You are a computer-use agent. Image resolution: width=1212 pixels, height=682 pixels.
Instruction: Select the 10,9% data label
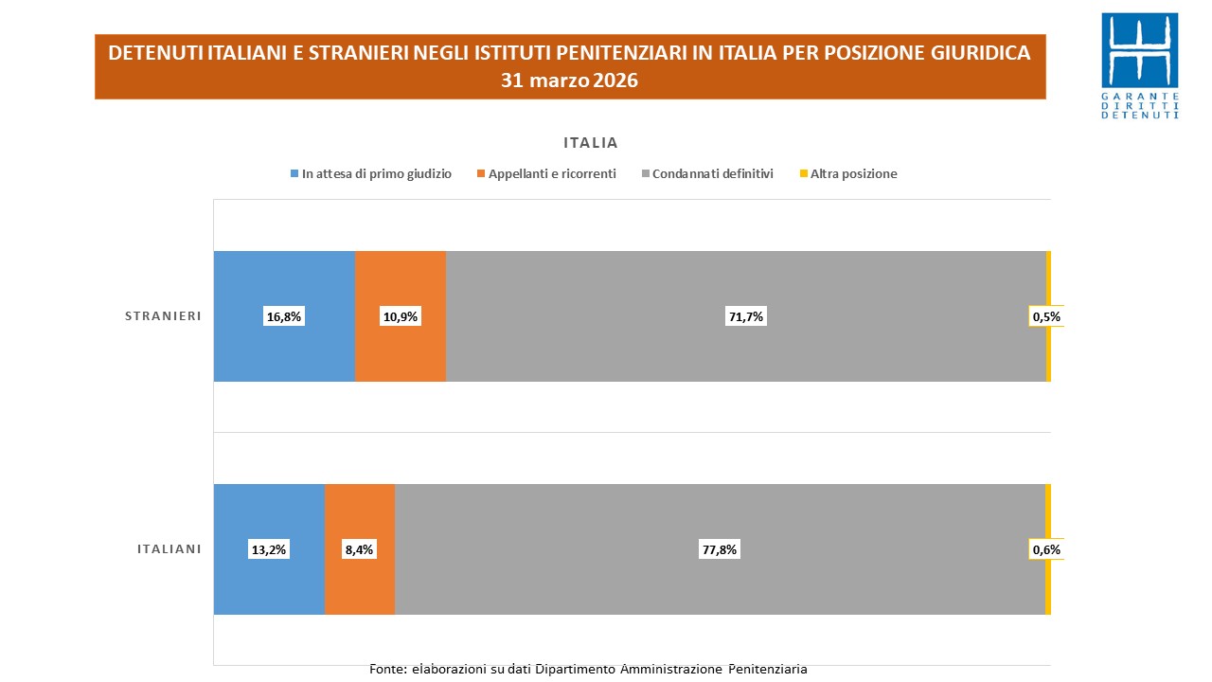[x=401, y=317]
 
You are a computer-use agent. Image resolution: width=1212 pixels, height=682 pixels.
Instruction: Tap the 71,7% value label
[x=746, y=317]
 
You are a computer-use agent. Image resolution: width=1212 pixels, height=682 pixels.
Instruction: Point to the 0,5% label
[x=1046, y=317]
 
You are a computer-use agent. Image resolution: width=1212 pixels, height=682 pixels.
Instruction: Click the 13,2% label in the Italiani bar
[x=269, y=549]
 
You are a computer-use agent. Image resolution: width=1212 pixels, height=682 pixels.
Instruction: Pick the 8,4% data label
[x=360, y=549]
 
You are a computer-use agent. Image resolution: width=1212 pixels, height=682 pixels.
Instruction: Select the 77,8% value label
[x=720, y=549]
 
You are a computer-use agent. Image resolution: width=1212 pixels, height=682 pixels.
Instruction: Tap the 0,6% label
[x=1046, y=549]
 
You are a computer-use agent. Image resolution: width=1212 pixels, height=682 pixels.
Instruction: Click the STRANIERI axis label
[x=163, y=316]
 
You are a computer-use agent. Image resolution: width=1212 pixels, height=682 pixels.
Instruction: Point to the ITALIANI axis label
[x=169, y=548]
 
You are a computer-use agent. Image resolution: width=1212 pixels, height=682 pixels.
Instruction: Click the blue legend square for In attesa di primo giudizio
[x=295, y=174]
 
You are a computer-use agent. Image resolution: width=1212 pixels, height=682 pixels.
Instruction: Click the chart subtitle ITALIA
[x=591, y=143]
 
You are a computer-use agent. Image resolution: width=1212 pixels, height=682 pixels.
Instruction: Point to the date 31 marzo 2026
[x=570, y=81]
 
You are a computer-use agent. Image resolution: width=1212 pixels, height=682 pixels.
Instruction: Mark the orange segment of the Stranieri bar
[x=401, y=284]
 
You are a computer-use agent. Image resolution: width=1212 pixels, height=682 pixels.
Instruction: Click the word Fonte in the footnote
[x=386, y=670]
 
